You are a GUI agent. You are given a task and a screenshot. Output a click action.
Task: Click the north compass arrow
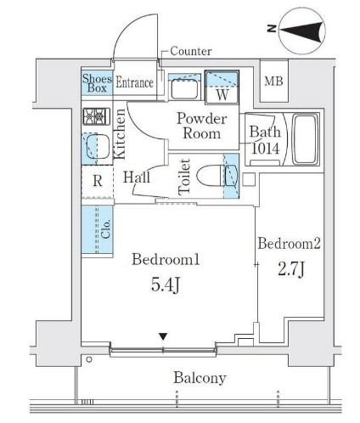302,31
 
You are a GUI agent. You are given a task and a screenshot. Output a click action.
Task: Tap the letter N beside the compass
272,29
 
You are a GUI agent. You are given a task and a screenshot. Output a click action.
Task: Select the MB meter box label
273,82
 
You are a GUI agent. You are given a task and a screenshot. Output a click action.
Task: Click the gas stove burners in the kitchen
97,116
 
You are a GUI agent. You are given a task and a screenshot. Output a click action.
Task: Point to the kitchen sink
97,147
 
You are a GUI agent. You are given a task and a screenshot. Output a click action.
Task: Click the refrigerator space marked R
98,181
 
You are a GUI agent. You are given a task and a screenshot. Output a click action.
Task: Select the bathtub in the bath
305,139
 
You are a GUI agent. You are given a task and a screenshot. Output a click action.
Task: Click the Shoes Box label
97,83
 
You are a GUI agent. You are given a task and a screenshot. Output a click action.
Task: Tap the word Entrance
135,82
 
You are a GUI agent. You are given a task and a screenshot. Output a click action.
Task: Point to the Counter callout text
191,51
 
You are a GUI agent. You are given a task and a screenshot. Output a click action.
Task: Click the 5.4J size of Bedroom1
166,285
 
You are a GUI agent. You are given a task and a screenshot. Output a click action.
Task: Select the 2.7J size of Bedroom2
291,268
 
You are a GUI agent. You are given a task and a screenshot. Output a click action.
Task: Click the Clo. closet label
105,228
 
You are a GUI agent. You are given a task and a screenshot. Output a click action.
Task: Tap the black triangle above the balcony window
163,336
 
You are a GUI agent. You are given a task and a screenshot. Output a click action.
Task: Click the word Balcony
200,378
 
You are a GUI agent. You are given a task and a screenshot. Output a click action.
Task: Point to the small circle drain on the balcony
89,359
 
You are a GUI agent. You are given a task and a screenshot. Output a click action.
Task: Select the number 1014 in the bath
265,149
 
